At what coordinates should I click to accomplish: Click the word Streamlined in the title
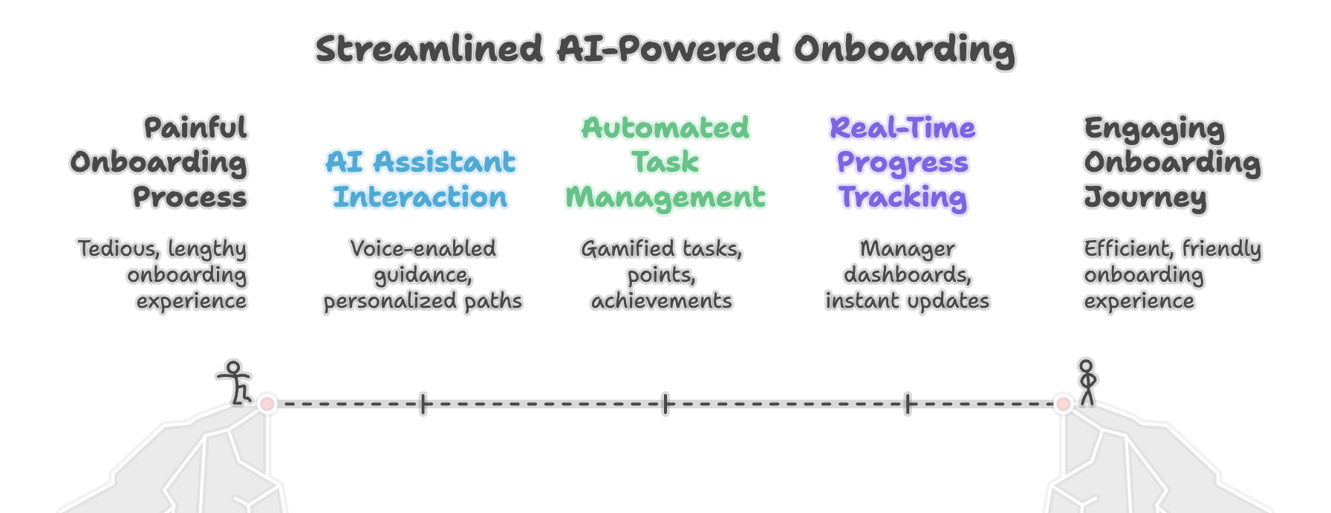pos(429,49)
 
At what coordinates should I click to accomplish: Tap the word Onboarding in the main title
pos(904,51)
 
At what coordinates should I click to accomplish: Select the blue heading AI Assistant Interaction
pos(420,179)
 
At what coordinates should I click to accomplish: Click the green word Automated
pos(665,128)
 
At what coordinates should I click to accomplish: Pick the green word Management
pos(665,198)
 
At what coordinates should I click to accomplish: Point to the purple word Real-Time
pos(902,128)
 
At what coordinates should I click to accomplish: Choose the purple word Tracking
pos(902,198)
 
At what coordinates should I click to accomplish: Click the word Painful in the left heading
pos(195,128)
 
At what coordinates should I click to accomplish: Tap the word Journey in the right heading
pos(1145,198)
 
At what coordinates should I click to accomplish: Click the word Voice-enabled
pos(423,248)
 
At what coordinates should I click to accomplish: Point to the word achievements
pos(661,301)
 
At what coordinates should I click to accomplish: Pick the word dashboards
pos(907,275)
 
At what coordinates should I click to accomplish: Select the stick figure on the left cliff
pos(235,382)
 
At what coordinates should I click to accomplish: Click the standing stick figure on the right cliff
pos(1087,382)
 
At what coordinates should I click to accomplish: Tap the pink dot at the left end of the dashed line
pos(267,404)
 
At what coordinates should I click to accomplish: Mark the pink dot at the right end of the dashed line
pos(1063,404)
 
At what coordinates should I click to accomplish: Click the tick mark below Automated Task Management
pos(665,404)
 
